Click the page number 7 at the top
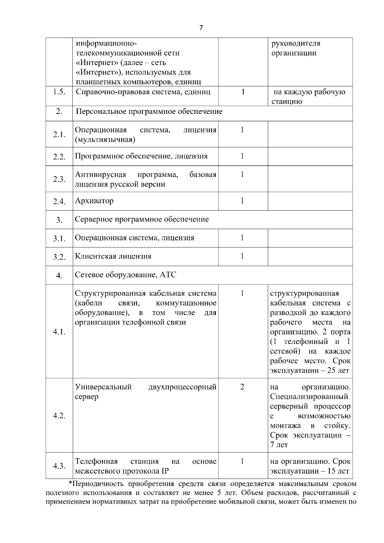pos(201,28)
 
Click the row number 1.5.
pos(59,92)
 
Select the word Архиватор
pos(94,201)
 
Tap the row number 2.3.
pos(59,179)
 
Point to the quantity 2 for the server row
pos(242,387)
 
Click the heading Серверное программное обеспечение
pos(142,220)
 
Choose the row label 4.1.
pos(59,332)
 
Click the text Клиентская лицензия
pos(113,256)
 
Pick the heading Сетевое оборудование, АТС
pos(125,275)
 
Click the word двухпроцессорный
pos(182,387)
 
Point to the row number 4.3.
pos(59,466)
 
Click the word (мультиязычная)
pos(105,140)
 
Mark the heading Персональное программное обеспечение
pos(149,112)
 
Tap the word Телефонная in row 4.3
pos(96,461)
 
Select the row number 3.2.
pos(59,257)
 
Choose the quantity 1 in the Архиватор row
pos(242,201)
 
